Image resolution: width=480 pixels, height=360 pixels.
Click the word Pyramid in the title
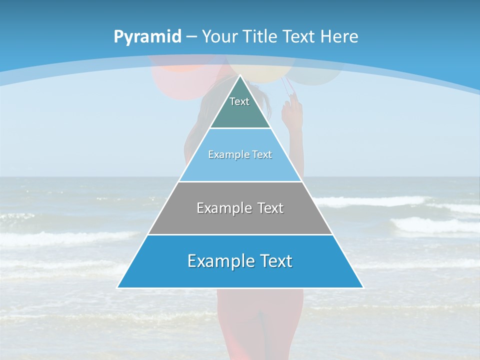[x=147, y=37]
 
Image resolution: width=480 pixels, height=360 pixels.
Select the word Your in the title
[x=219, y=37]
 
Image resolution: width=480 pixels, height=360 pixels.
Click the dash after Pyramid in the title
[x=191, y=37]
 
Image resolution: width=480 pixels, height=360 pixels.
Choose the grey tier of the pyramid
[x=240, y=220]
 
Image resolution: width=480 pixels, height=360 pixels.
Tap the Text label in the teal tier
[x=239, y=101]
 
